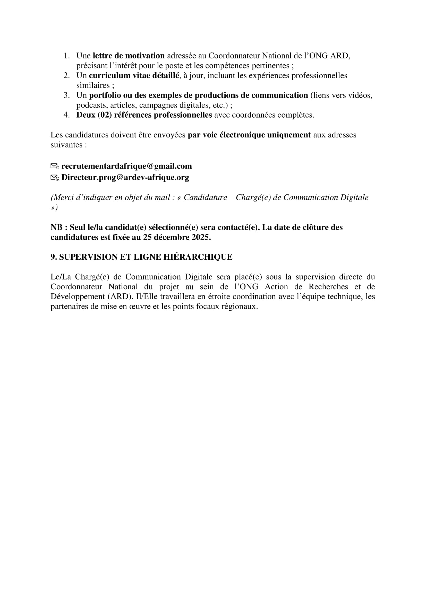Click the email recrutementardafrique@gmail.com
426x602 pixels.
point(126,166)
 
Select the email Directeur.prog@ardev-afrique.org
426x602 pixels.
point(125,178)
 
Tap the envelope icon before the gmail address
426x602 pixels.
point(55,166)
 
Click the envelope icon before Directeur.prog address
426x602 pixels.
point(55,178)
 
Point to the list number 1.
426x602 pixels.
point(67,56)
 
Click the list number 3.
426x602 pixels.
point(67,95)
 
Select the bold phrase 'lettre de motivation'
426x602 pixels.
point(129,56)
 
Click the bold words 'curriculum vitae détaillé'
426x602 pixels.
point(134,75)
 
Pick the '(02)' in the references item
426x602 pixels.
point(104,115)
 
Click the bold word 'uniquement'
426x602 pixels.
point(289,135)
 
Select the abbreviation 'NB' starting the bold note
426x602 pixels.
point(56,227)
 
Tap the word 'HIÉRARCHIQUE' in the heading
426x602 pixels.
point(198,257)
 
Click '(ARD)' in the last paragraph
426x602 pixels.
point(120,296)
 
